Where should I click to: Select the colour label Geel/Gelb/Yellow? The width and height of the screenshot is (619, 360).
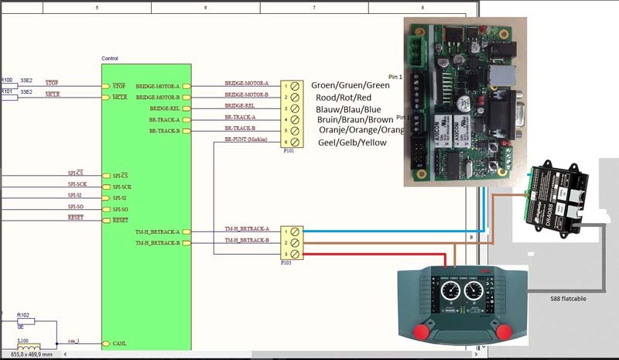coord(351,142)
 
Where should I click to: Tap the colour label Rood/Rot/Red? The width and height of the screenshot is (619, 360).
coord(344,98)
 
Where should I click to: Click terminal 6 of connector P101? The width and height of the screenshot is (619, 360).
coord(296,143)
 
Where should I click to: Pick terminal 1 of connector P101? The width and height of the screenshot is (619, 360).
coord(296,86)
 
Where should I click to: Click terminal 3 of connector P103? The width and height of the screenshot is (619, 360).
coord(296,254)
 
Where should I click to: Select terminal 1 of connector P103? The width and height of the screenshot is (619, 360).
coord(296,231)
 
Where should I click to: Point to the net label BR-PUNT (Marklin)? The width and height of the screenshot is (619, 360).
coord(245,139)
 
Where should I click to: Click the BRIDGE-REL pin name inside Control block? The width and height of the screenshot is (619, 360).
coord(164,109)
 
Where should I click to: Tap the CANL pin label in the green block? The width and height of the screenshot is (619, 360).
coord(119,343)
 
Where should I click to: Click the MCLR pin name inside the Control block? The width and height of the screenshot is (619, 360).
coord(119,98)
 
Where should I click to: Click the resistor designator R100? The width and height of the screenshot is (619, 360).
coord(7,80)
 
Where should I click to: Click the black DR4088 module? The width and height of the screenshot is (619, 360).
coord(557,198)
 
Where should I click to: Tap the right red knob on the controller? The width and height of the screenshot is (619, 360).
coord(503,331)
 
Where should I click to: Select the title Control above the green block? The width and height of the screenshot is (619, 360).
coord(110,59)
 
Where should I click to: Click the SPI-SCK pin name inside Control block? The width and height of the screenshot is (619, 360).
coord(122,187)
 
